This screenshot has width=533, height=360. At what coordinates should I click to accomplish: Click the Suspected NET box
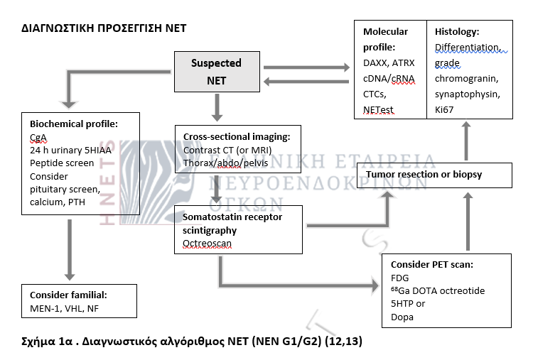click(216, 72)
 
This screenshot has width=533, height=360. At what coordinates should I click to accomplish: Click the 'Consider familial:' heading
click(72, 294)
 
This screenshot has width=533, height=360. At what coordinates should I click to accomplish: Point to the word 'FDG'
click(401, 278)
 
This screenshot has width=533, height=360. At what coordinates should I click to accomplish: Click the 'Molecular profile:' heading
click(385, 38)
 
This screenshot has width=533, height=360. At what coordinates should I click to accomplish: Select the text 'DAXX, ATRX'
click(389, 63)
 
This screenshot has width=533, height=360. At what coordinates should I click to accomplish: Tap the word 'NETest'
click(379, 109)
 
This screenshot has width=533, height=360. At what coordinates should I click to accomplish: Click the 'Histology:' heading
click(457, 32)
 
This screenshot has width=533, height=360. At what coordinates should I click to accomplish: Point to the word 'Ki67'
click(445, 109)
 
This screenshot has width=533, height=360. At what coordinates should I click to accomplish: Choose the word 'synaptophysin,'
click(468, 94)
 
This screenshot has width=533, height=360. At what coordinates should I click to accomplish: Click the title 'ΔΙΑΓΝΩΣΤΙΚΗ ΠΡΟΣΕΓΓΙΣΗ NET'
click(104, 28)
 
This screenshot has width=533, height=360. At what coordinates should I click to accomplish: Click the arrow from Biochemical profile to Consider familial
click(69, 249)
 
